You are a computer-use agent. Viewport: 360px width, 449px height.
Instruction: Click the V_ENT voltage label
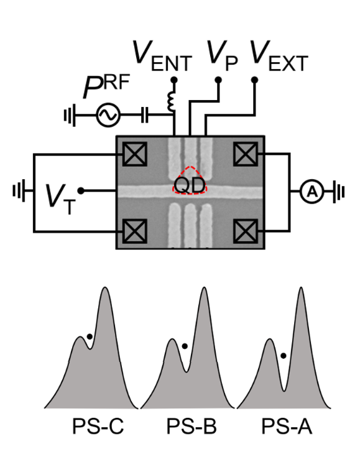[x=162, y=56]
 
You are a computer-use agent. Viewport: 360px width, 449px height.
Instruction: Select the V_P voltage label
[x=222, y=56]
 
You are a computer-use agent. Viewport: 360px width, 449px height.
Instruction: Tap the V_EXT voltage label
[x=279, y=56]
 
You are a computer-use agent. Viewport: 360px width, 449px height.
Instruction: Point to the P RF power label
[x=106, y=86]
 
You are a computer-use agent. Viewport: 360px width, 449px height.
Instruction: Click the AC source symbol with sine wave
[x=108, y=115]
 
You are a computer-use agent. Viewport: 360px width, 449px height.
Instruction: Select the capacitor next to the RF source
[x=145, y=115]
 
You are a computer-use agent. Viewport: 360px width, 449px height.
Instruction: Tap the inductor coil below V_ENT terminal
[x=170, y=101]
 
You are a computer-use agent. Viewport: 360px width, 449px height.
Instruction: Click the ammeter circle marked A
[x=312, y=192]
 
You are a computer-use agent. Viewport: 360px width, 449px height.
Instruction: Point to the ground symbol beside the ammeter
[x=339, y=192]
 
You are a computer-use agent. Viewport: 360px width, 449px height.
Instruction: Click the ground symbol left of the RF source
[x=70, y=115]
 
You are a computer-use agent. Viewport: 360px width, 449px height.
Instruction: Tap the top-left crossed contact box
[x=135, y=154]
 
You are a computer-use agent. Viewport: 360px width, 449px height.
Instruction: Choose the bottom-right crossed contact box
[x=246, y=231]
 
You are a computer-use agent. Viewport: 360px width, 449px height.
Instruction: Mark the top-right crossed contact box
[x=246, y=154]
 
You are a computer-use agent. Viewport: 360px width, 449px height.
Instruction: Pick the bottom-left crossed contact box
[x=135, y=231]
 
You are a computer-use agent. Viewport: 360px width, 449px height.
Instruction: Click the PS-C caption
[x=98, y=427]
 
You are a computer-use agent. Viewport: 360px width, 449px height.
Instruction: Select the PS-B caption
[x=192, y=427]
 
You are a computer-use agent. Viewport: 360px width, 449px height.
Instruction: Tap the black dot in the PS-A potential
[x=284, y=356]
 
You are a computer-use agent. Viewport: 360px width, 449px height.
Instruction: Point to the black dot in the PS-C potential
[x=90, y=337]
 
